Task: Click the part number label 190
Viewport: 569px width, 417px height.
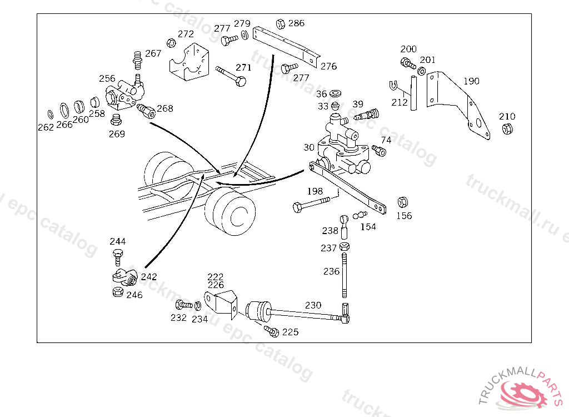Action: coord(471,81)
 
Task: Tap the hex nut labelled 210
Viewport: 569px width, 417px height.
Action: coord(507,128)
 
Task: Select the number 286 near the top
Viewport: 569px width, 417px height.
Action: coord(296,23)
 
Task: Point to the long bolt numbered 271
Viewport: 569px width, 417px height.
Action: coord(231,76)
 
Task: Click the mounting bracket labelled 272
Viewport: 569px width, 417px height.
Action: coord(189,62)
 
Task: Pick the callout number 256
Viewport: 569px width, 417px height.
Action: coord(107,78)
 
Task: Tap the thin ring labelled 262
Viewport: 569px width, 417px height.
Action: coord(51,115)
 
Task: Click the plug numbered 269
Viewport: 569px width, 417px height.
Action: coord(116,119)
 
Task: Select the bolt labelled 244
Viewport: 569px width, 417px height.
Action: coord(118,257)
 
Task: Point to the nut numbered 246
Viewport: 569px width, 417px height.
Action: coord(118,291)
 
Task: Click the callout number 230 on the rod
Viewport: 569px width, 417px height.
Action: coord(313,305)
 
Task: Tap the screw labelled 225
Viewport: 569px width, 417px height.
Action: coord(271,331)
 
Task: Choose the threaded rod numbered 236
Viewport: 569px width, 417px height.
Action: coord(345,276)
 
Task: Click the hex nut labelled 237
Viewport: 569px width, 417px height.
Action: coord(345,247)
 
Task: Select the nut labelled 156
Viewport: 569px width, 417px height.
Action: coord(402,202)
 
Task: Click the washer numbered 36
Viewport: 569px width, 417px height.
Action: coord(335,93)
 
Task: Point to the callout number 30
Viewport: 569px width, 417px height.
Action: coord(309,147)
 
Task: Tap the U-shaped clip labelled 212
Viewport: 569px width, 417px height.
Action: coord(393,86)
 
